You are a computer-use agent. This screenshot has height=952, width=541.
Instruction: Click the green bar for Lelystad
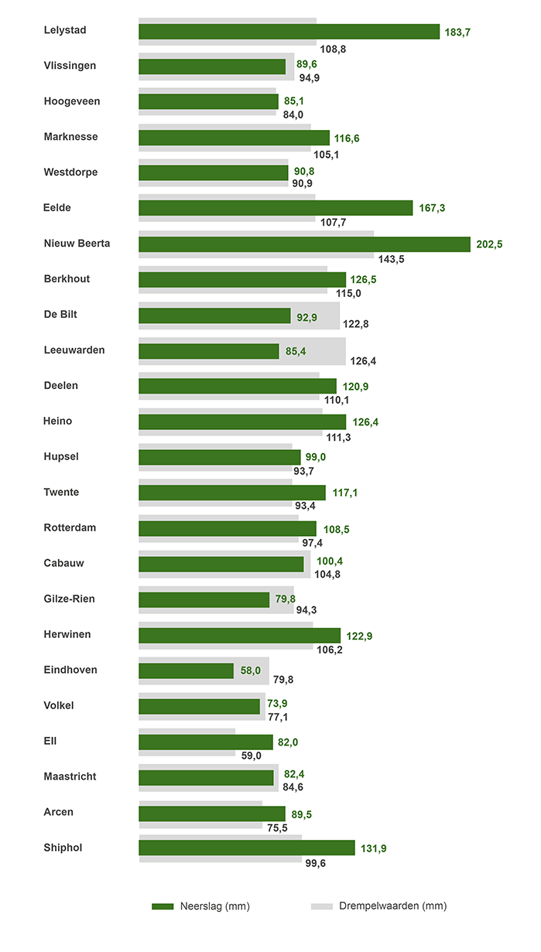pos(289,31)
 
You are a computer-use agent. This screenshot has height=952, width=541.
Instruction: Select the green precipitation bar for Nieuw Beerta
pos(304,244)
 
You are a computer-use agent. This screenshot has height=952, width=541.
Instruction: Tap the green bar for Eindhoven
pos(186,670)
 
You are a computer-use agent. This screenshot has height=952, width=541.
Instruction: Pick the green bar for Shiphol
pos(246,848)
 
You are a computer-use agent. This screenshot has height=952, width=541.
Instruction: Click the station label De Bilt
pos(60,315)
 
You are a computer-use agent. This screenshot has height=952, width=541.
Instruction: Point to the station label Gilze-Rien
pos(70,599)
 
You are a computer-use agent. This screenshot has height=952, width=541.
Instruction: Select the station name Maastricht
pos(70,776)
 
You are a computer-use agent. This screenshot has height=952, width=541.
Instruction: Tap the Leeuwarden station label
pos(74,350)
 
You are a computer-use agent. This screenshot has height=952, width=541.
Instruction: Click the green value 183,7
pos(457,32)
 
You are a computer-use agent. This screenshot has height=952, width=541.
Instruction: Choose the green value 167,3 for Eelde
pos(432,208)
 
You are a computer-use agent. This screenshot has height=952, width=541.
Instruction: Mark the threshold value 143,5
pos(390,259)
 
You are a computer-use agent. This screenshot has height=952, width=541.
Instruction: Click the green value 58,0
pos(251,670)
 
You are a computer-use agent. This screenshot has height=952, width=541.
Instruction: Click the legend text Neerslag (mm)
pos(214,906)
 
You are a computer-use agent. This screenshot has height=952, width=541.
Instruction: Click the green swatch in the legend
pos(163,906)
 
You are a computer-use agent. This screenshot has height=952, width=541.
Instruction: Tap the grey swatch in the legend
pos(321,906)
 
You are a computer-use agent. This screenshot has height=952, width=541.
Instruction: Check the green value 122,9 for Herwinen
pos(359,636)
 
